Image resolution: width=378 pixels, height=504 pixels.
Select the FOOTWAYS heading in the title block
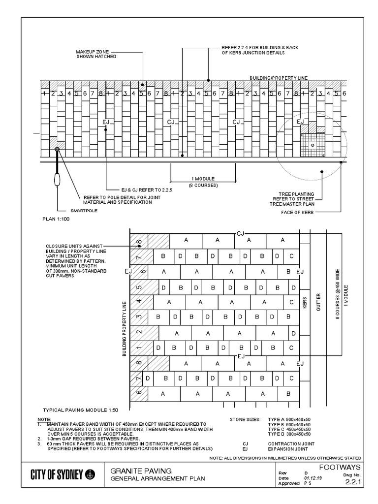(x=340, y=467)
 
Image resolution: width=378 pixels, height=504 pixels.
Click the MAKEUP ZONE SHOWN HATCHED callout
(x=96, y=54)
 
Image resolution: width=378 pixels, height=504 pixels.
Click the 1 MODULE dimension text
(x=203, y=178)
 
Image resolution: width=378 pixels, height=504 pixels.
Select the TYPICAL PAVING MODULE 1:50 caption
(x=81, y=409)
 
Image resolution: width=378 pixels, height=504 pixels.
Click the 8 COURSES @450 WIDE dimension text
(x=338, y=295)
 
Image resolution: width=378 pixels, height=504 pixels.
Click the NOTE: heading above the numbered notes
(x=44, y=419)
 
